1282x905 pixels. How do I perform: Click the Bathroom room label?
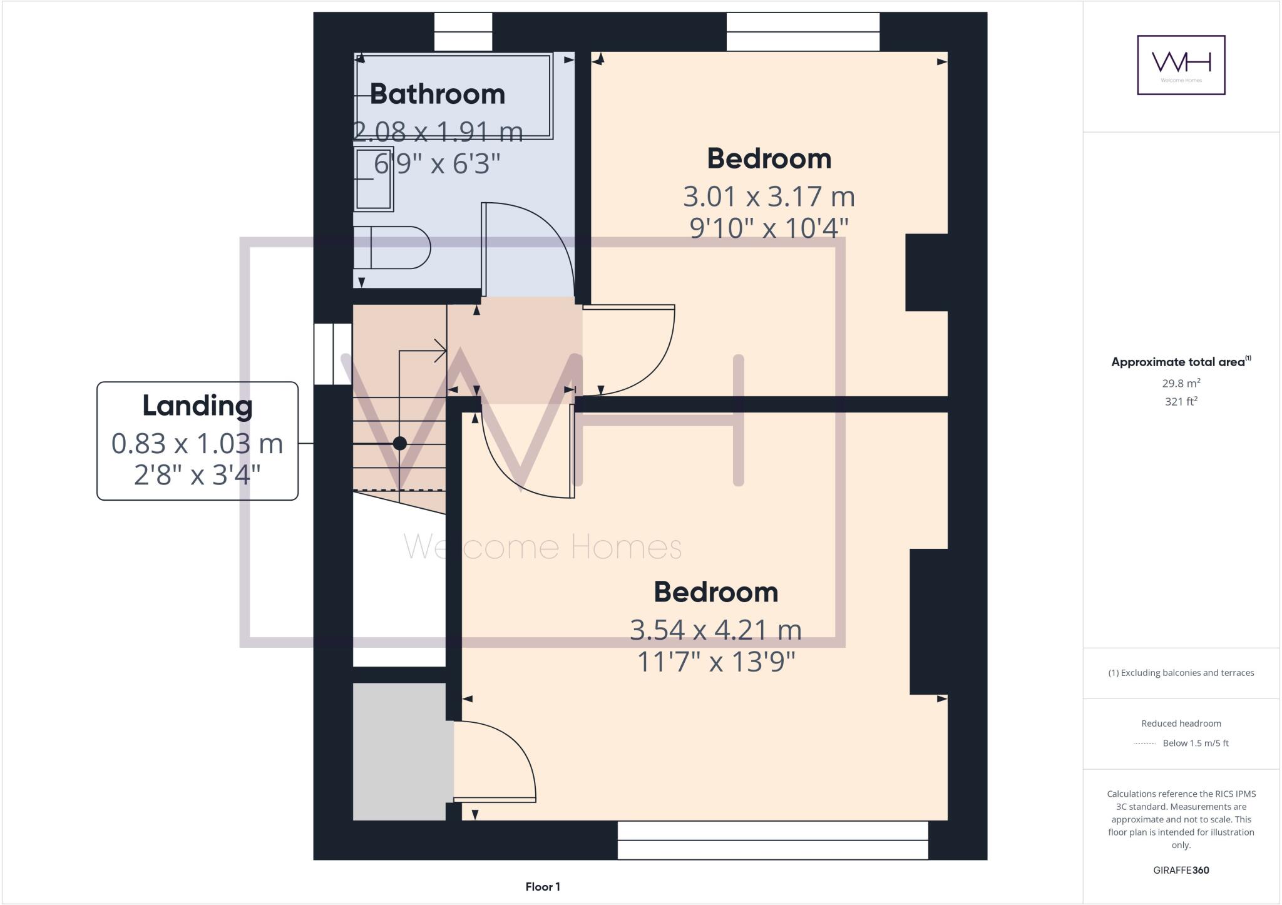[x=437, y=94]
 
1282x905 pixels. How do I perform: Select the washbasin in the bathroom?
[x=374, y=179]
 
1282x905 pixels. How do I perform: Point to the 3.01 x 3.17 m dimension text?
[x=769, y=197]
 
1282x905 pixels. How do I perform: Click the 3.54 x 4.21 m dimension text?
[x=715, y=630]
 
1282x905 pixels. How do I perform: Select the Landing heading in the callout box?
[x=197, y=406]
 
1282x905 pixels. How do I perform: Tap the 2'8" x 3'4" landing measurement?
[x=197, y=475]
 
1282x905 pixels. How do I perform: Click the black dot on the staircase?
[x=400, y=444]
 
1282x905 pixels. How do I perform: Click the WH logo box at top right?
[x=1181, y=65]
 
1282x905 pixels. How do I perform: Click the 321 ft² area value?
[x=1181, y=402]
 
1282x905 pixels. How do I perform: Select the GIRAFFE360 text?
[x=1181, y=870]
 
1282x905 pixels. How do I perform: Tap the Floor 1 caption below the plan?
[x=543, y=887]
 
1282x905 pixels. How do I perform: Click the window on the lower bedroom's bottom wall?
[x=772, y=841]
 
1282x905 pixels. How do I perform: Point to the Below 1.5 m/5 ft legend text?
[x=1195, y=744]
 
